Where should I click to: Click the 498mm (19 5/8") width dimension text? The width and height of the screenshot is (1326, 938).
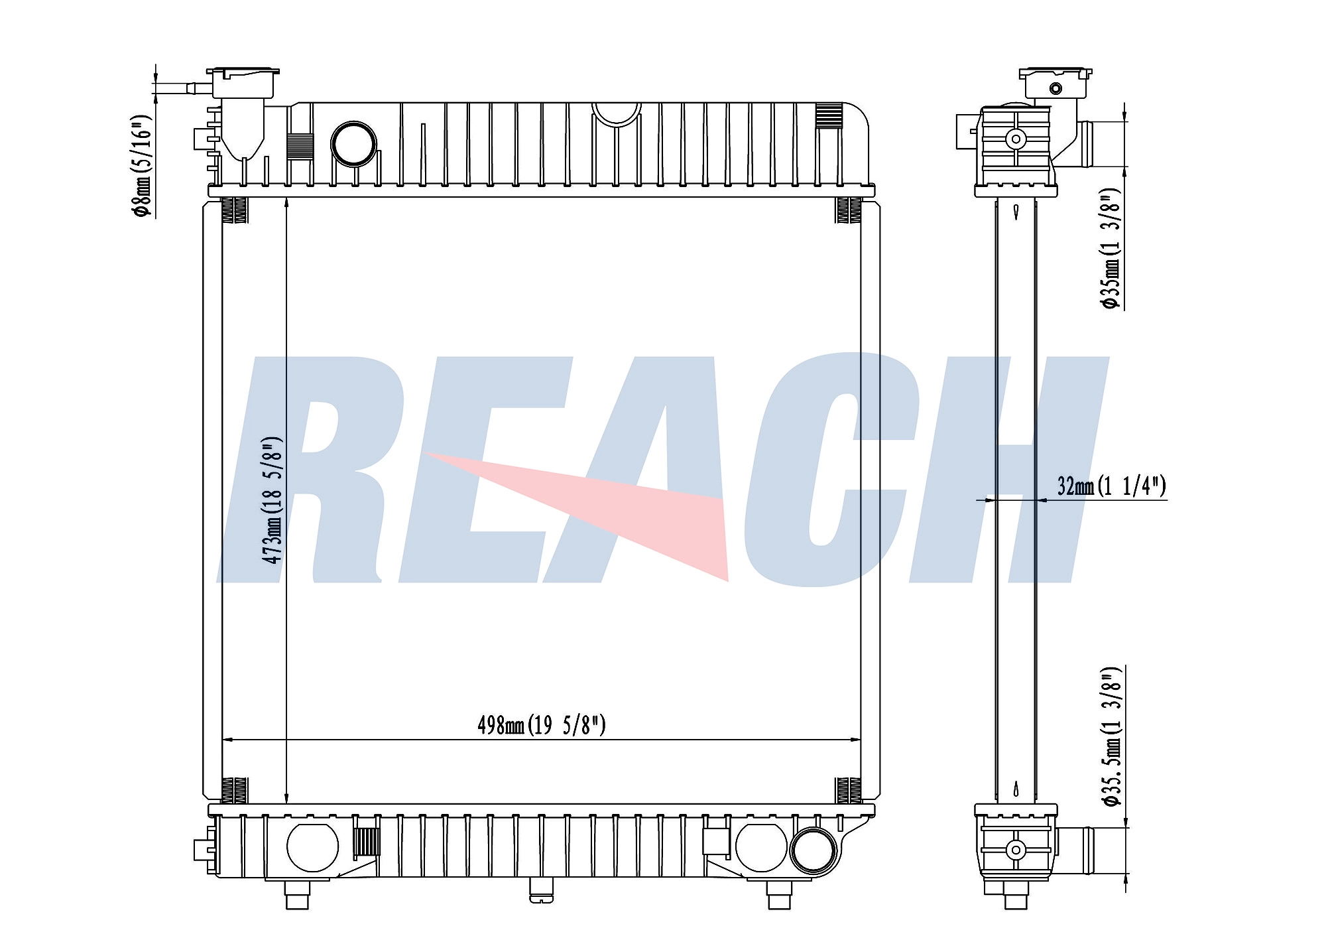[542, 725]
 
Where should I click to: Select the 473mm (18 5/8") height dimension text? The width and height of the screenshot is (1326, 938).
[272, 500]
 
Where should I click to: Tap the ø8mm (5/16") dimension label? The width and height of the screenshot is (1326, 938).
[142, 165]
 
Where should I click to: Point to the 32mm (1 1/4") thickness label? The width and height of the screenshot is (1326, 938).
[1111, 486]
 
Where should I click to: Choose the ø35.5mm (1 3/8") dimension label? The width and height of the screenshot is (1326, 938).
[1111, 736]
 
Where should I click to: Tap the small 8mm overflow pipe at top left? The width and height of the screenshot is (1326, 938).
[182, 88]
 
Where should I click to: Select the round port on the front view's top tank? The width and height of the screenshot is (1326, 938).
[353, 143]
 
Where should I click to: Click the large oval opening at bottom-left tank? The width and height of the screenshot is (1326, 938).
[312, 847]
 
